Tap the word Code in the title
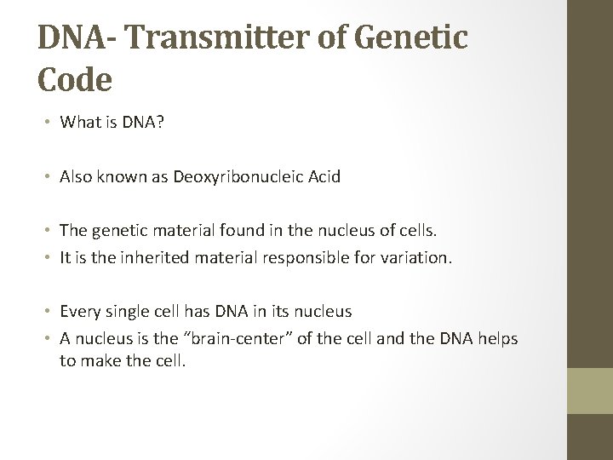click(75, 79)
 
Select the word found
click(242, 230)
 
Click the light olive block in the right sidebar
click(590, 391)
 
